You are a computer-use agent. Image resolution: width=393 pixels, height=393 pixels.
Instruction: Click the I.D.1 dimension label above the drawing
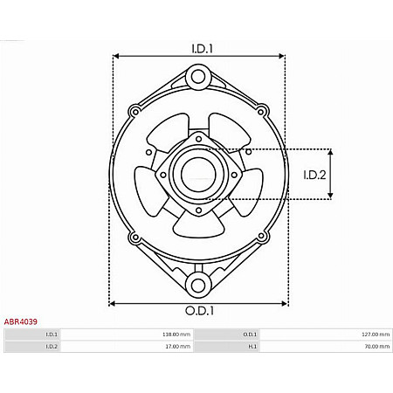click(x=201, y=48)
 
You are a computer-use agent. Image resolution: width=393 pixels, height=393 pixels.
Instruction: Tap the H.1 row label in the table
click(x=252, y=347)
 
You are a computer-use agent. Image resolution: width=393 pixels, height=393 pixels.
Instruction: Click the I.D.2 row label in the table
click(x=52, y=347)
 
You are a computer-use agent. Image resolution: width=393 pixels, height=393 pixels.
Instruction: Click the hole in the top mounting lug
click(x=198, y=78)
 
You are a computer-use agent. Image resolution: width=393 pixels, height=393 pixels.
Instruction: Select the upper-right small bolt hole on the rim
click(x=260, y=111)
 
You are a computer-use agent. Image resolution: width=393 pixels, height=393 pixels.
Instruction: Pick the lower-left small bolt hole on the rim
click(x=134, y=237)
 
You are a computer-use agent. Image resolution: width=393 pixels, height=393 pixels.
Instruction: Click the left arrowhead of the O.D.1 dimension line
click(x=113, y=304)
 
